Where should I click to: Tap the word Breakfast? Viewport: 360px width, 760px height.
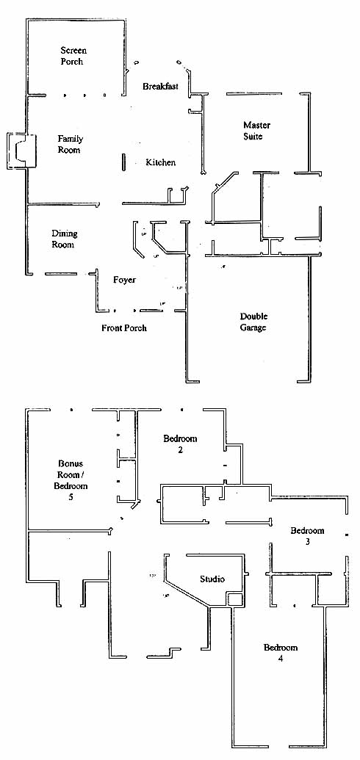(x=161, y=86)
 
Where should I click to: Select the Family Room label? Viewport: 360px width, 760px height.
(x=70, y=145)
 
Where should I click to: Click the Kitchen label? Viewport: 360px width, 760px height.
(x=161, y=162)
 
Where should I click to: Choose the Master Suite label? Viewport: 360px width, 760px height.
(x=256, y=131)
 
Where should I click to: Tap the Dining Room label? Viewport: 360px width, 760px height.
(x=64, y=239)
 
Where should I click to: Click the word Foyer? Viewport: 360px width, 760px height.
(x=125, y=280)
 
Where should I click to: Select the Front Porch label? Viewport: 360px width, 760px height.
(x=123, y=328)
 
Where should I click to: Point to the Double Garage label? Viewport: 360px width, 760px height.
(x=253, y=322)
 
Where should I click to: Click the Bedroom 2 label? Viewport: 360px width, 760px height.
(x=180, y=444)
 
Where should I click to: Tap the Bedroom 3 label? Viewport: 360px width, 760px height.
(x=307, y=535)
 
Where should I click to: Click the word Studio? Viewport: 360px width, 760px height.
(x=212, y=579)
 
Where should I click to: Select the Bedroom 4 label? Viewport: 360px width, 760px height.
(x=281, y=652)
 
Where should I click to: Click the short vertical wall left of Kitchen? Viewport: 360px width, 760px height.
(x=123, y=162)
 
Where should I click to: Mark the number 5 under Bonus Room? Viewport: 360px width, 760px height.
(x=71, y=497)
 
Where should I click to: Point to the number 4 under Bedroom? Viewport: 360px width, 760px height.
(x=281, y=658)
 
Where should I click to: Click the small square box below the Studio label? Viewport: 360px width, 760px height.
(x=235, y=599)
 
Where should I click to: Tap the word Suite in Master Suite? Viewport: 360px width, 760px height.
(x=253, y=137)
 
